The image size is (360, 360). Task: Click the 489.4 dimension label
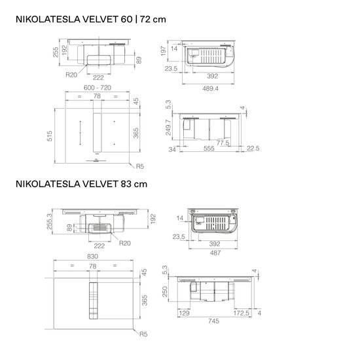(210, 88)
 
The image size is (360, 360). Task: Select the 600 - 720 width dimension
(98, 88)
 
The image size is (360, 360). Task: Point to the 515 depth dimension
(50, 136)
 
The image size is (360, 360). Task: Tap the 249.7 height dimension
(168, 128)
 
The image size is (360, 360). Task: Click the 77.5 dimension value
(223, 143)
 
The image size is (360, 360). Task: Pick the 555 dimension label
(209, 149)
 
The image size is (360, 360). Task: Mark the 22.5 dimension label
(253, 149)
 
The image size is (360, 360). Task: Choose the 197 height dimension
(163, 51)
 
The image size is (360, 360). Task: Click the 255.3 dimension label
(49, 221)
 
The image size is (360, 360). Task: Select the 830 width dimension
(92, 256)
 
